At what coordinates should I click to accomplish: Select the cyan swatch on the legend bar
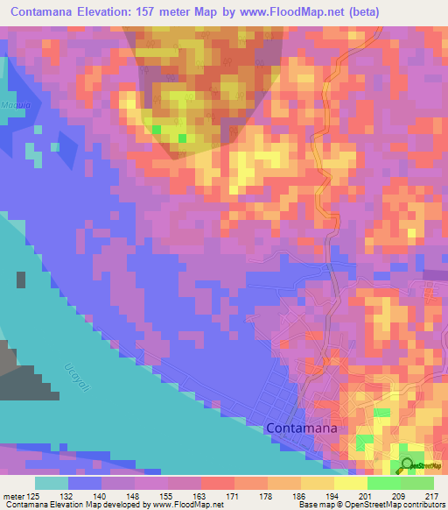tap(52, 483)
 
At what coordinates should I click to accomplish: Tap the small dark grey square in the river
tap(20, 280)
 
